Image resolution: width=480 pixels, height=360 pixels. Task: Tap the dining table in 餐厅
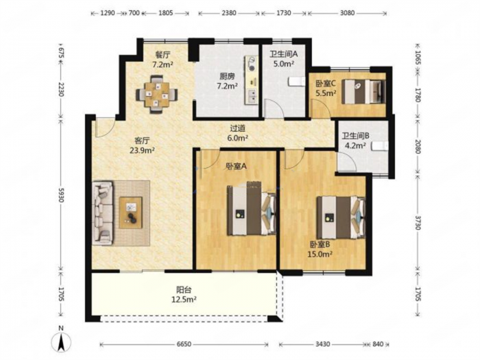point(157,95)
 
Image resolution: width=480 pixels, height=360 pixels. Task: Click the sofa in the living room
point(102,213)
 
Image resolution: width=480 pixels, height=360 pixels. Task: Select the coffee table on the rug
point(131,213)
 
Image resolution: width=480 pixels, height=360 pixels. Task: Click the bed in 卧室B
point(341,217)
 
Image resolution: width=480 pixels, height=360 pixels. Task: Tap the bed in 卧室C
point(363,91)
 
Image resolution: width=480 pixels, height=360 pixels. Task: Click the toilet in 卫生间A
point(296,82)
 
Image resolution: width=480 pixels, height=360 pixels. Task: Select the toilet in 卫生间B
point(380,146)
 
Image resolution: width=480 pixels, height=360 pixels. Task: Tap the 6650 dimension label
point(184,344)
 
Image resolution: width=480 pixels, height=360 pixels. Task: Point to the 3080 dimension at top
point(347,13)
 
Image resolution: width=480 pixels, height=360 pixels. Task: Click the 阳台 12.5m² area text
point(183,294)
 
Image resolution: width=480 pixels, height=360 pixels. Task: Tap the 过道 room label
point(238,129)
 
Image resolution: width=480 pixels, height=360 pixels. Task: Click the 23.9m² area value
point(143,150)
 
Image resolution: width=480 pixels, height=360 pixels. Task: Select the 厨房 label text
point(227,76)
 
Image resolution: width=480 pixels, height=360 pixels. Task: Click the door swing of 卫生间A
point(274,108)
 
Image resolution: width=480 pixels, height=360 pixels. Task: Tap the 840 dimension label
point(378,344)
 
